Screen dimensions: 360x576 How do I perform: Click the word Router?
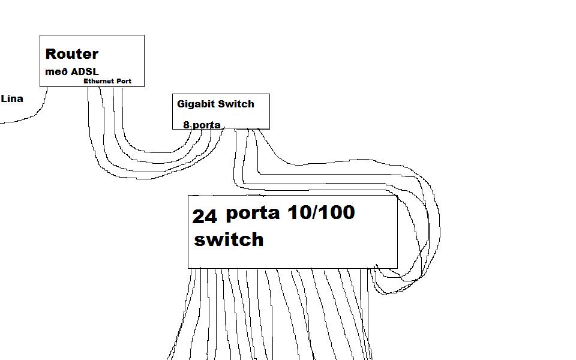[x=72, y=54]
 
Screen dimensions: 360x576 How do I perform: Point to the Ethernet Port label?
[x=107, y=81]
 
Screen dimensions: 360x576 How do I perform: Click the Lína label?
[x=12, y=98]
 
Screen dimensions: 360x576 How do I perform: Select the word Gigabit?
[x=195, y=104]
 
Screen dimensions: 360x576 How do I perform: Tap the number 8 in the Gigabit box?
[x=187, y=125]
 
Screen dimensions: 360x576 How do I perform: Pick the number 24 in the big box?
[x=205, y=217]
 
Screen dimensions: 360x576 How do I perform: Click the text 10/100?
[x=321, y=212]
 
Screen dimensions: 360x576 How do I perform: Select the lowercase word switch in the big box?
[x=229, y=239]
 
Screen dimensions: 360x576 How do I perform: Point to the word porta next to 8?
[x=206, y=126]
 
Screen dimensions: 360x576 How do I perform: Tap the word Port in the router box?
[x=124, y=81]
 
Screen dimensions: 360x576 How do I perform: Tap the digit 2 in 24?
[x=198, y=217]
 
